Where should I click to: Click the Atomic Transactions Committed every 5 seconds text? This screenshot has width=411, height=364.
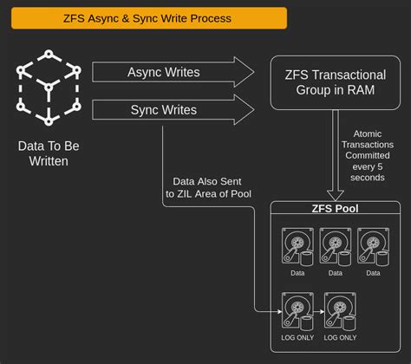point(369,156)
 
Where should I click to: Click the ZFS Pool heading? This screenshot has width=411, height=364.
point(334,209)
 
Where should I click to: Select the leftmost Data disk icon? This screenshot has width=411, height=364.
point(297,246)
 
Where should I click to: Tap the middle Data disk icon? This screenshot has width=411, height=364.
point(335,246)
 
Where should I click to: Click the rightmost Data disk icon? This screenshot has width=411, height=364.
point(372,246)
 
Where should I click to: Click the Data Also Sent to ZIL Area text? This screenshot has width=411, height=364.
point(208,186)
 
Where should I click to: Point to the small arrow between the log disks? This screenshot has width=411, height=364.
point(318,310)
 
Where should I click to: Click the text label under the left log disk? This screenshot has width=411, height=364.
point(297,337)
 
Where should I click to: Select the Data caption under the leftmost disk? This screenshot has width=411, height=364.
point(297,272)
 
